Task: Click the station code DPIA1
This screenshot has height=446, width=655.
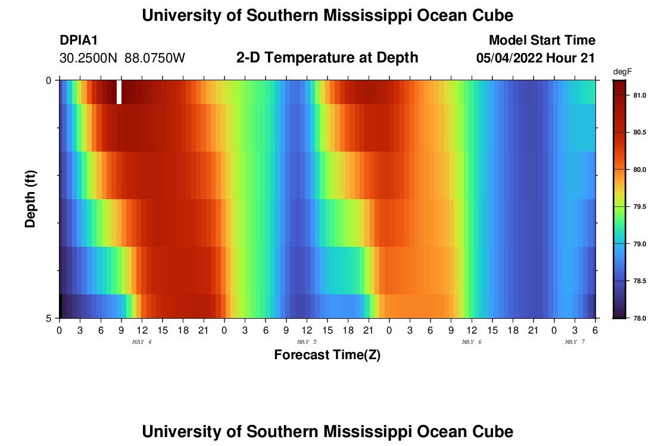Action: pyautogui.click(x=79, y=40)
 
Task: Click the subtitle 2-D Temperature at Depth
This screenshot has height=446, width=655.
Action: pyautogui.click(x=327, y=58)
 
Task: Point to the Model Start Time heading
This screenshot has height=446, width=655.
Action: pyautogui.click(x=541, y=40)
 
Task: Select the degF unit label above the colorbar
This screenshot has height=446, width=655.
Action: pyautogui.click(x=622, y=71)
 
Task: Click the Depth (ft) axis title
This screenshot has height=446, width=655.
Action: pyautogui.click(x=31, y=199)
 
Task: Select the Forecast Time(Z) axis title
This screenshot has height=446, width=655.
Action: pyautogui.click(x=327, y=356)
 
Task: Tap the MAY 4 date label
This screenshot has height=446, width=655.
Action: pyautogui.click(x=142, y=342)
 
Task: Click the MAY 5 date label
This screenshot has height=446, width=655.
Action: pyautogui.click(x=307, y=342)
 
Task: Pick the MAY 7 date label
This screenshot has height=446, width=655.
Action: pyautogui.click(x=575, y=342)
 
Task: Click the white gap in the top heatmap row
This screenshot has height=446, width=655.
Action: pyautogui.click(x=119, y=92)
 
